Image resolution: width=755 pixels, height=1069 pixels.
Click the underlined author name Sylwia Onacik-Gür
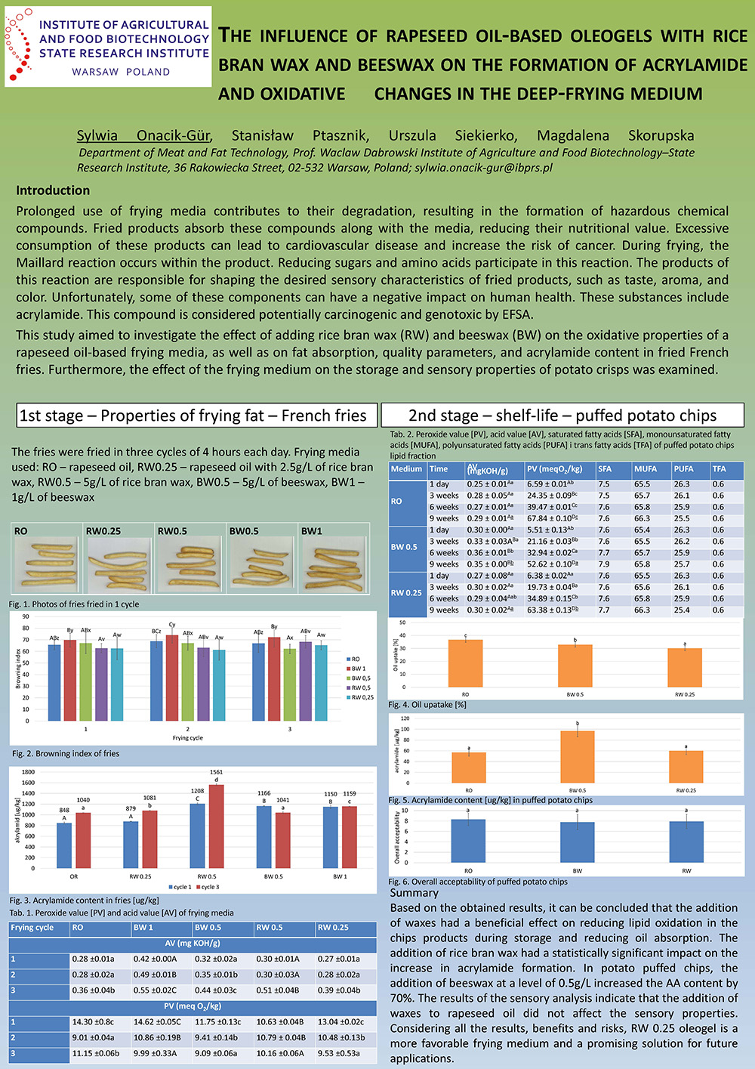[143, 135]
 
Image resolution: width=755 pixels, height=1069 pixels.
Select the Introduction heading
[53, 190]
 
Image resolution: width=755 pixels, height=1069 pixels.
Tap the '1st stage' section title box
[193, 416]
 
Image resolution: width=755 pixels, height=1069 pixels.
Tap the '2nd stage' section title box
[562, 416]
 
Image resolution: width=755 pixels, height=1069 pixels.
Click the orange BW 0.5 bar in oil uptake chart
[575, 665]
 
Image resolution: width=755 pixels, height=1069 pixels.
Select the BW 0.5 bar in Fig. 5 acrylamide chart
[578, 758]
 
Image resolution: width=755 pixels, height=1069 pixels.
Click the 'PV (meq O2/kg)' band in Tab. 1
[193, 1006]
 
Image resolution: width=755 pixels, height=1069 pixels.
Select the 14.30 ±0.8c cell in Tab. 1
[94, 1022]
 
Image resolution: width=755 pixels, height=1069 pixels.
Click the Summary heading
[414, 892]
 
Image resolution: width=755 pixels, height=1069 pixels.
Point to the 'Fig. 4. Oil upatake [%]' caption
[427, 705]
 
